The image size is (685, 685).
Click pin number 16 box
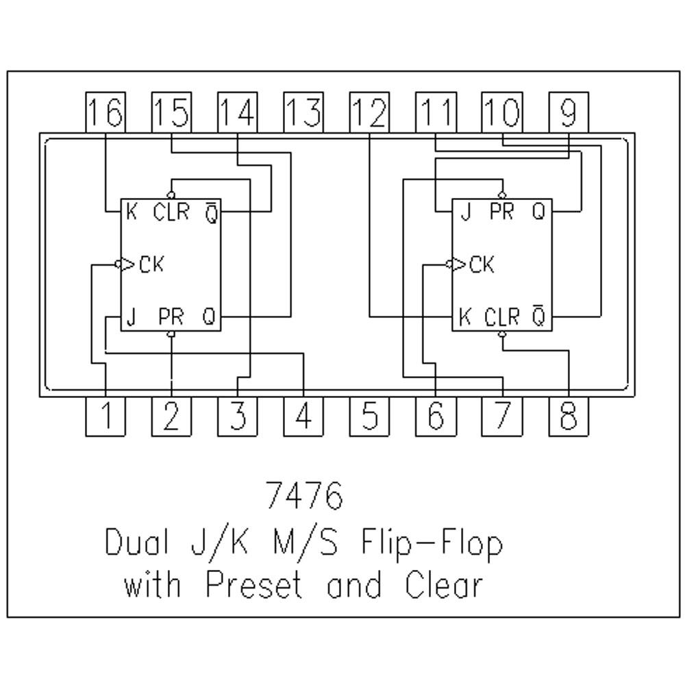(105, 112)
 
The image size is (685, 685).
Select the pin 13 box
(303, 112)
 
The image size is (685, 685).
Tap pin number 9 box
(568, 112)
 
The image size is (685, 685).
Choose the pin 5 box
(369, 416)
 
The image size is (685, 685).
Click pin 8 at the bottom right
(568, 416)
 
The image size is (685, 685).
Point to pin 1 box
(105, 416)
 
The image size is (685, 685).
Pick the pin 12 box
(369, 112)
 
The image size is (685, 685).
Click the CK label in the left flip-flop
(151, 264)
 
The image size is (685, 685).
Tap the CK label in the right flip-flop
(482, 264)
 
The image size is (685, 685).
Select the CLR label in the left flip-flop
(171, 212)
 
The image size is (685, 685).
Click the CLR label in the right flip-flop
(502, 317)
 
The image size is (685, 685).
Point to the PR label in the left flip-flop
(171, 317)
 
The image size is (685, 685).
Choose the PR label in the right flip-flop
(502, 212)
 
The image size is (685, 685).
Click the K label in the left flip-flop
(132, 212)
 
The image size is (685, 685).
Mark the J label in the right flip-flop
(466, 212)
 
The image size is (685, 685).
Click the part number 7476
(303, 496)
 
